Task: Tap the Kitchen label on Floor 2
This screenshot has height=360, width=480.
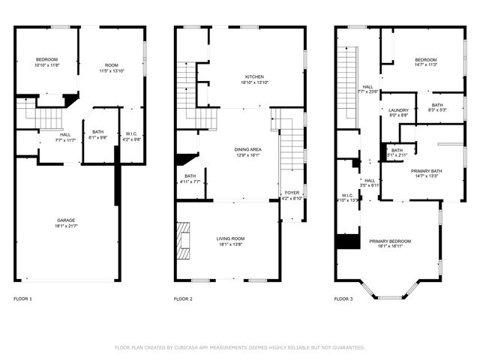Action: point(254,76)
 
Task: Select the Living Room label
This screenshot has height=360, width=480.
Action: point(232,238)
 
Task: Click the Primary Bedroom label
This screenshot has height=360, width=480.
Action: point(389,241)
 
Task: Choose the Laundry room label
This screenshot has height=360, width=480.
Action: point(398,111)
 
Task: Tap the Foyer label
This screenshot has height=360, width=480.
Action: point(292,193)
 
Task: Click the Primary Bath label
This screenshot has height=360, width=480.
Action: point(426,171)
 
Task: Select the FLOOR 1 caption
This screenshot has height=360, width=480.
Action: point(23,298)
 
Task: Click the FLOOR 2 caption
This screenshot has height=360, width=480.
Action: point(184,298)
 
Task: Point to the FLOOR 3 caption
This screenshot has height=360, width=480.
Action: point(343,298)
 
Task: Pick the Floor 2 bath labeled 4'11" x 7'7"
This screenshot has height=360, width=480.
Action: point(190,178)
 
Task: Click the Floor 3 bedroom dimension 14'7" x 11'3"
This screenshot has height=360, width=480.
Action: point(425,65)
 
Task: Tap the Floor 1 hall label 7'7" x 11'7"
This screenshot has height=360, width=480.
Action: point(66,137)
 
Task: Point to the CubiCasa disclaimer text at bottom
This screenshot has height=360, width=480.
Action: point(239,347)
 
